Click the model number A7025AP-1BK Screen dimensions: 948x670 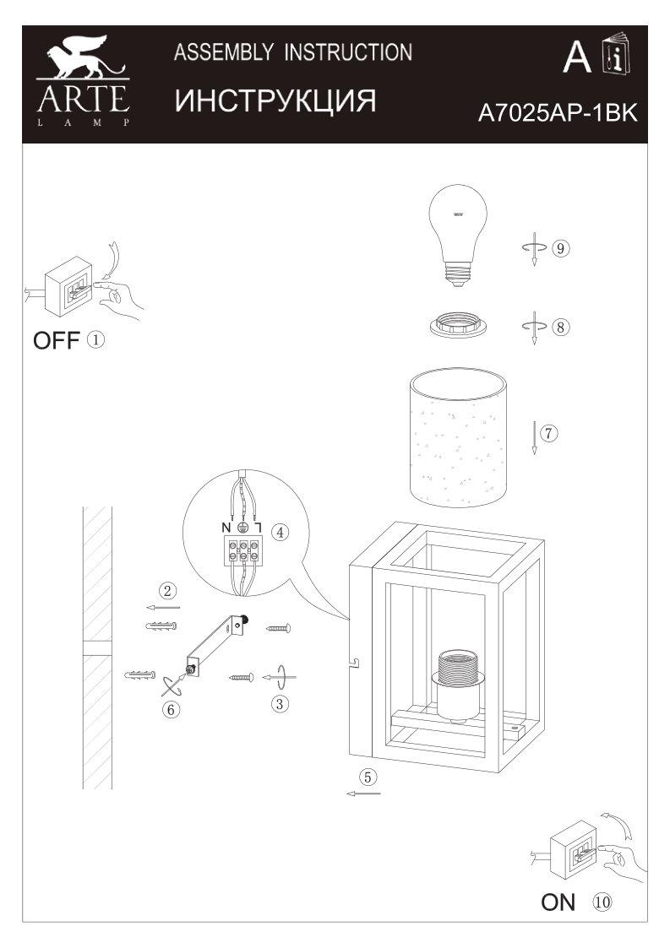[556, 114]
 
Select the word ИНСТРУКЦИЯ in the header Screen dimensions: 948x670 [275, 100]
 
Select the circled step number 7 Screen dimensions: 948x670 [548, 434]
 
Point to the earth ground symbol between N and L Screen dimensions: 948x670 [242, 527]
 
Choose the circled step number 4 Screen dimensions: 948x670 [280, 533]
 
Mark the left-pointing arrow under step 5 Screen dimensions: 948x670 [363, 794]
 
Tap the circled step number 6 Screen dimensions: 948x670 [171, 709]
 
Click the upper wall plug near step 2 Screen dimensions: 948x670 [159, 627]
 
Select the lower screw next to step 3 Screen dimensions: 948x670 [242, 676]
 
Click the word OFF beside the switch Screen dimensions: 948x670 [56, 342]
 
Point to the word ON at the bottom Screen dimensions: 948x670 [558, 903]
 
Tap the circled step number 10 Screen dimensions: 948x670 [602, 902]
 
